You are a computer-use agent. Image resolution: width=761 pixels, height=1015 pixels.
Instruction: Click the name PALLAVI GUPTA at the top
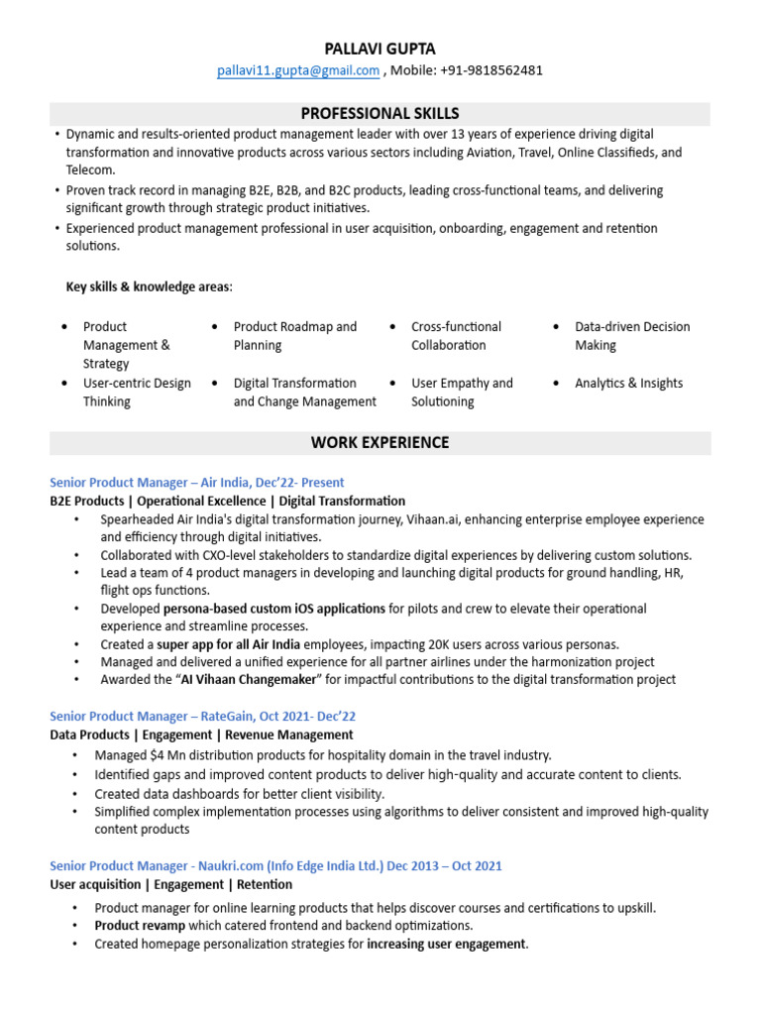tap(380, 49)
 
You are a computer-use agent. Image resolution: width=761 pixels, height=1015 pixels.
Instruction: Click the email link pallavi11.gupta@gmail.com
tap(298, 70)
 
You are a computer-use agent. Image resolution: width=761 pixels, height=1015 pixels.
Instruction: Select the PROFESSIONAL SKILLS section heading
tap(380, 113)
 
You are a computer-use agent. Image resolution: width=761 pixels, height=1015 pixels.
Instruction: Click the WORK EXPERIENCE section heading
tap(380, 442)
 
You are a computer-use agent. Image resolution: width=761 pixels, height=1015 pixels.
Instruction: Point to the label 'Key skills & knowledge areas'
tap(149, 286)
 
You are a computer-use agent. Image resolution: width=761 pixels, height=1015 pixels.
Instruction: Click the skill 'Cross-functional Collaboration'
tap(456, 336)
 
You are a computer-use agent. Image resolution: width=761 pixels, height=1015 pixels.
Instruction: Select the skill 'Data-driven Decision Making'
tap(632, 336)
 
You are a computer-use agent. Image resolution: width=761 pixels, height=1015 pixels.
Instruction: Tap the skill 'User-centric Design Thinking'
tap(137, 393)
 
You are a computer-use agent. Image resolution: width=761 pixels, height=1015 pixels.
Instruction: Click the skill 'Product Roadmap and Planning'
tap(294, 336)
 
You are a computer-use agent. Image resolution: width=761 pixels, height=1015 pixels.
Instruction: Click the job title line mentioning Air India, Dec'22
tap(197, 483)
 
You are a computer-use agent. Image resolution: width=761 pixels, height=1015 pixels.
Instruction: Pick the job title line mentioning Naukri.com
tap(275, 865)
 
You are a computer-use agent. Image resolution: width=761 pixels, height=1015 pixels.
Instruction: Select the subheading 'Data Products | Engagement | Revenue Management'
tap(201, 734)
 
